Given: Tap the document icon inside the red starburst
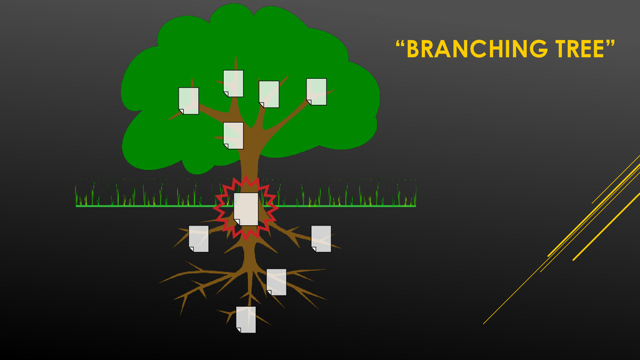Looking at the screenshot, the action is pyautogui.click(x=246, y=209).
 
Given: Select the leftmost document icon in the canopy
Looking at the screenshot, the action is pyautogui.click(x=189, y=101).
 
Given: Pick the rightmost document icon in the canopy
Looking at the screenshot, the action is pyautogui.click(x=316, y=91).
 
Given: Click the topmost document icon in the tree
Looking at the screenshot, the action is pyautogui.click(x=233, y=83).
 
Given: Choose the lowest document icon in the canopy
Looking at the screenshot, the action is pyautogui.click(x=233, y=136).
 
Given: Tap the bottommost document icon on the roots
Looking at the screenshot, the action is pyautogui.click(x=246, y=319).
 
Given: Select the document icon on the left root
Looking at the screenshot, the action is pyautogui.click(x=199, y=239).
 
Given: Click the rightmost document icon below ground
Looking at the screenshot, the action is pyautogui.click(x=321, y=239).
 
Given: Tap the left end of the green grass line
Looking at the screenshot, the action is pyautogui.click(x=77, y=205).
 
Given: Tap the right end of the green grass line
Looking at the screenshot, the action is pyautogui.click(x=415, y=205).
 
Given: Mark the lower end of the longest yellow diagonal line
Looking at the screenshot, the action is pyautogui.click(x=483, y=324).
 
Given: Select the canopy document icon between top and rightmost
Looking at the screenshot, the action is pyautogui.click(x=269, y=94).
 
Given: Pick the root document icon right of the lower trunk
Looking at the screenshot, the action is pyautogui.click(x=276, y=282).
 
